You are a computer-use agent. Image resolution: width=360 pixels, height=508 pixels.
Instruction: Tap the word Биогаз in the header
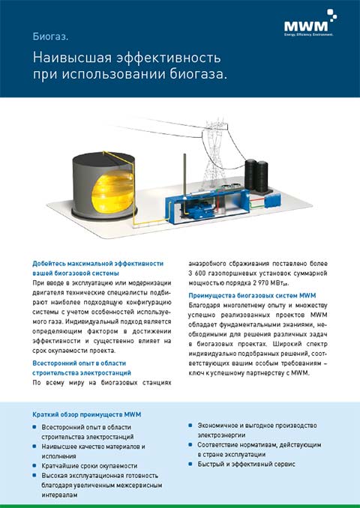point(50,36)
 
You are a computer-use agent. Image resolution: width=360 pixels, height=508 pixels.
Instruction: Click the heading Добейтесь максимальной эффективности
point(97,263)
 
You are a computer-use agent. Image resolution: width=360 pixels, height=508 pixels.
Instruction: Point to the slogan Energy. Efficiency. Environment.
point(307,34)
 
